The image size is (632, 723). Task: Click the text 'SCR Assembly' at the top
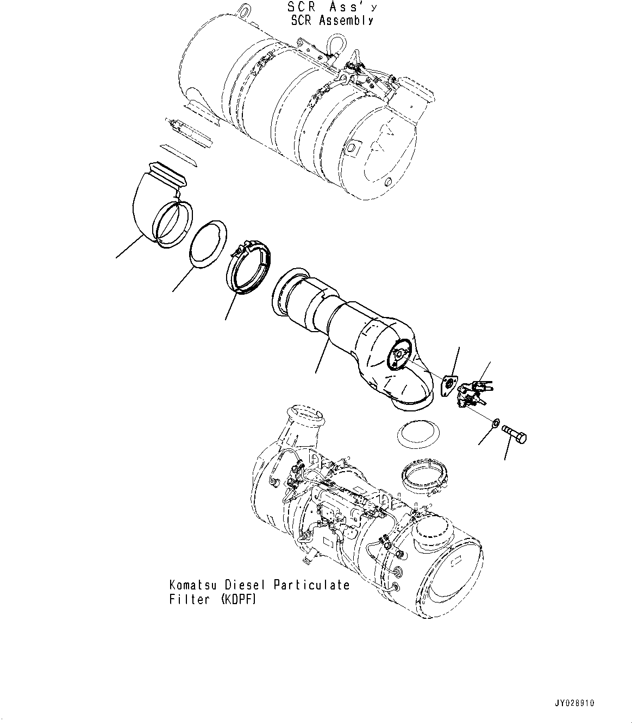[x=333, y=21]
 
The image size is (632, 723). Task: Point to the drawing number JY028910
[x=574, y=702]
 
